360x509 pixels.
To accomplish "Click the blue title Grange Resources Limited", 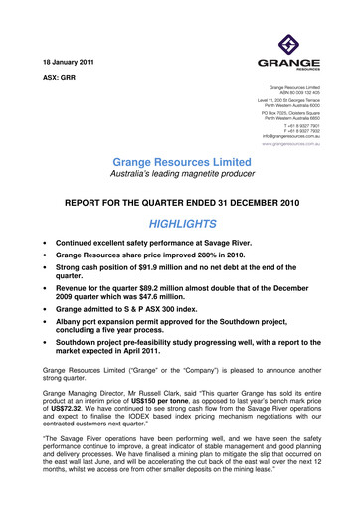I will (179, 161).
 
